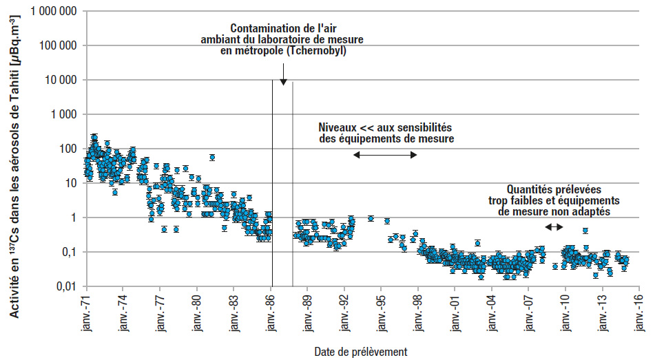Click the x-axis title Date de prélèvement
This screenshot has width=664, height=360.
(360, 351)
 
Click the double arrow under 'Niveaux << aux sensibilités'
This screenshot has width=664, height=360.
(385, 155)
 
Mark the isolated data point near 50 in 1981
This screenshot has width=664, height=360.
(212, 158)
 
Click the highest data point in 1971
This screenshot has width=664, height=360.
(94, 138)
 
